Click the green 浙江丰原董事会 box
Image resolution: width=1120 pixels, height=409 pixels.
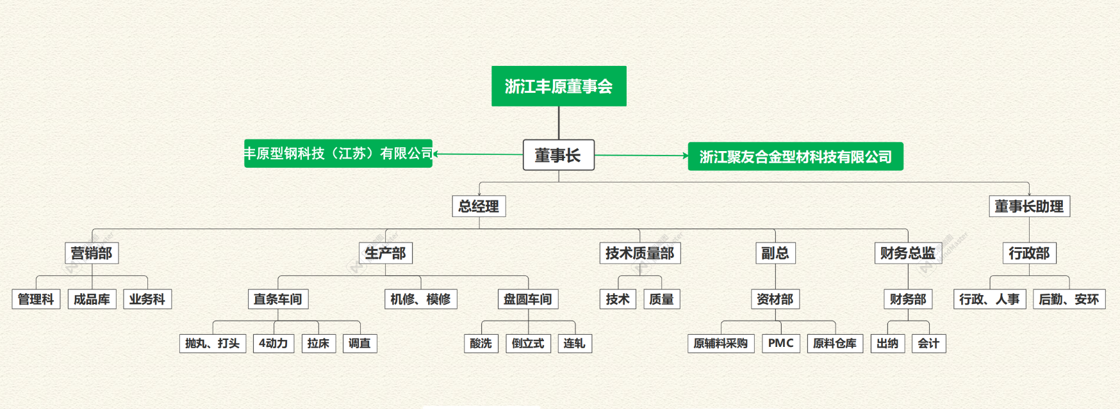[559, 86]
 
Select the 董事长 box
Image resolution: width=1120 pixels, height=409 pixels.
[558, 155]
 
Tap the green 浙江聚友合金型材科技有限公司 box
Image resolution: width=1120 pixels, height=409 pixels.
[795, 156]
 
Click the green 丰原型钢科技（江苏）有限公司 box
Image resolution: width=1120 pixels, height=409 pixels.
[338, 154]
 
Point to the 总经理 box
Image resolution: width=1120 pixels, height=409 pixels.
[479, 206]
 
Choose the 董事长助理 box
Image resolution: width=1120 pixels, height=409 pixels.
[1029, 206]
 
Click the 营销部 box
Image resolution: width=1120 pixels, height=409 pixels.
[92, 253]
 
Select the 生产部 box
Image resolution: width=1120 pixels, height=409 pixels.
[385, 253]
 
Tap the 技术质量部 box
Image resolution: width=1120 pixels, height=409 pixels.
[639, 253]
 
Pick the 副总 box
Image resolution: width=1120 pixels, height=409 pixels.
[775, 253]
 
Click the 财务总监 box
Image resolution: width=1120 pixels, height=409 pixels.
[907, 253]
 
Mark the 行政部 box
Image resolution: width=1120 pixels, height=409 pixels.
[1029, 253]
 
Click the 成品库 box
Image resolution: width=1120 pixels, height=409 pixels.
[92, 299]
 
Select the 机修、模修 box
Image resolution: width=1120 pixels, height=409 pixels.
[420, 299]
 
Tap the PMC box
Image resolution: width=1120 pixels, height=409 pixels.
[780, 343]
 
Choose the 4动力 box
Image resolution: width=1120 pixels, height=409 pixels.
[274, 343]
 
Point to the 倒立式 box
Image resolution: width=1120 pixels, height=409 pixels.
[527, 343]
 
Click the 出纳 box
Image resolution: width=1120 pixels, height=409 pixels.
[887, 343]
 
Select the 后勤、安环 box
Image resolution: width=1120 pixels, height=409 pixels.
[1069, 299]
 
